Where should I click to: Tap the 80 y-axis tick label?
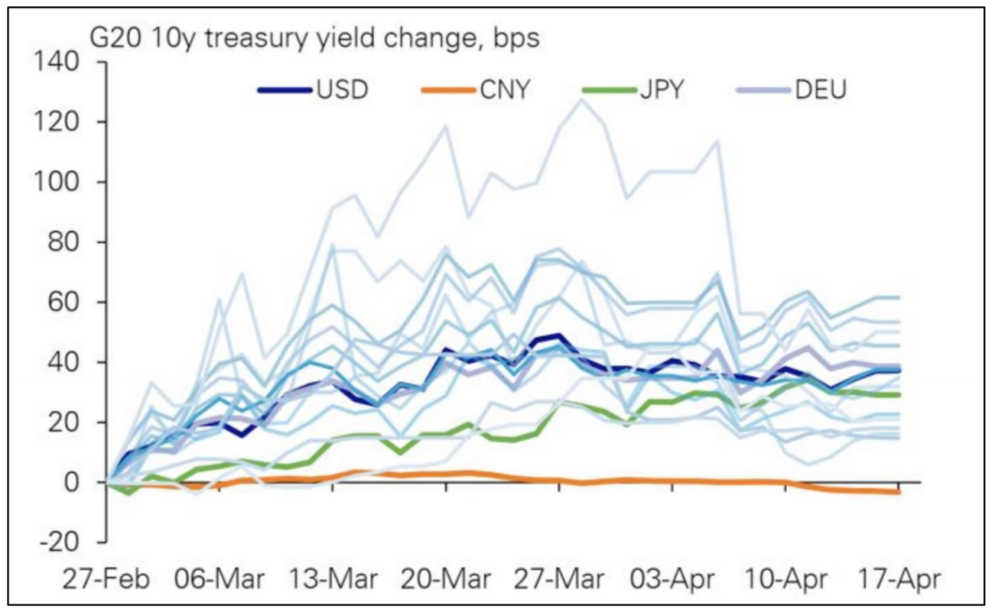66,242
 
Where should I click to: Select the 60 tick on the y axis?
66,302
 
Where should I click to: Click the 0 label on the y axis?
74,482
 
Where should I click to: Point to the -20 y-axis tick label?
61,542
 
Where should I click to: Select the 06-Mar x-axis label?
219,582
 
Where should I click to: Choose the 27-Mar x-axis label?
559,582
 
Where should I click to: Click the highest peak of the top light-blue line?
580,98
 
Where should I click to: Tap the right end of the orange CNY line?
898,492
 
